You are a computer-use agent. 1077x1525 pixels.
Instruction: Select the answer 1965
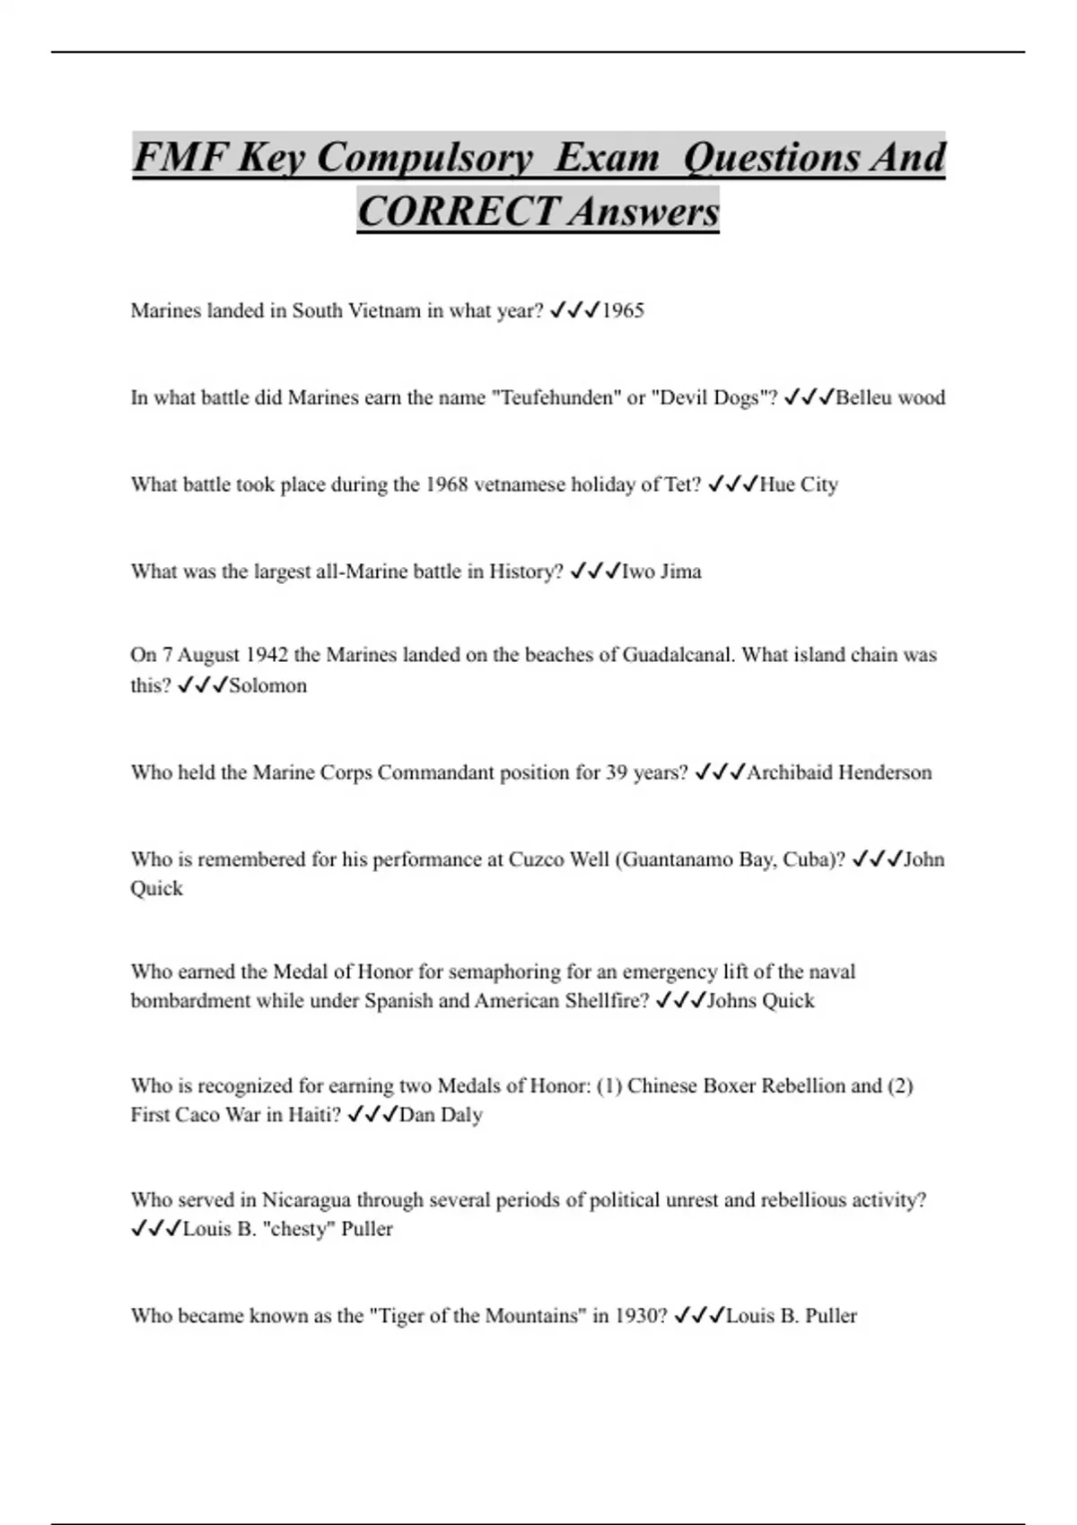[623, 311]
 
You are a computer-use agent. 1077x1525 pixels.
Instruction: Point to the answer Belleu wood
[889, 398]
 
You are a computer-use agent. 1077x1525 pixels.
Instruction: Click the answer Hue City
[798, 485]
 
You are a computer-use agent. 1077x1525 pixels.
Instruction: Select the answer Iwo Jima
[661, 572]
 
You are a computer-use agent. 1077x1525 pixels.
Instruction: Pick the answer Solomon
[267, 686]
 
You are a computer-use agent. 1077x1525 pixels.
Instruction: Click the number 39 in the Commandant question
[617, 773]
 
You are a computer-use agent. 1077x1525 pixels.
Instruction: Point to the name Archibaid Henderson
[838, 773]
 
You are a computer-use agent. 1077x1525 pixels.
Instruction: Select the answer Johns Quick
[760, 1001]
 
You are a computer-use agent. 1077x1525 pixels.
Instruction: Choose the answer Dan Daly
[441, 1115]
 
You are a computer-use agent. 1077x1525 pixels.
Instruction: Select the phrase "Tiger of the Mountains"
[477, 1317]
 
